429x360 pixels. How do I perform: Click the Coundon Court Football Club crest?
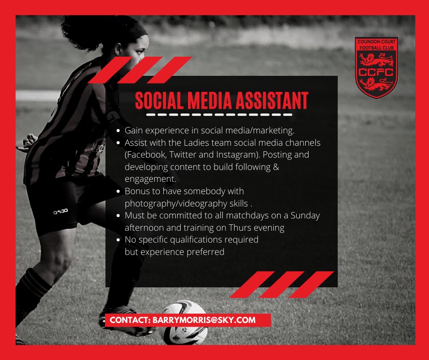[377, 68]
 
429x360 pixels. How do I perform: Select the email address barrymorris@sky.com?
[204, 320]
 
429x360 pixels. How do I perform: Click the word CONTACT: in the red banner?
[130, 320]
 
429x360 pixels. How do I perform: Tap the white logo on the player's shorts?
[60, 211]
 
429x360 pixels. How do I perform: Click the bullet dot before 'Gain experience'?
[119, 131]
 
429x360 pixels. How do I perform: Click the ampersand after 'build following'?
[275, 167]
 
